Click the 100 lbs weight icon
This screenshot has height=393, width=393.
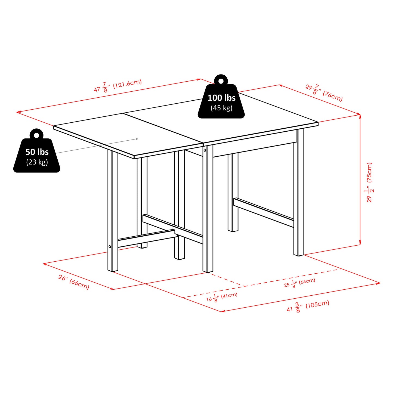(x=221, y=101)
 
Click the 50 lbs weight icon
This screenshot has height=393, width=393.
(x=37, y=155)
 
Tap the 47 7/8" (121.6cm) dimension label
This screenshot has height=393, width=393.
(x=118, y=86)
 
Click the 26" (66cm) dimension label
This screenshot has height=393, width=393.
(x=74, y=282)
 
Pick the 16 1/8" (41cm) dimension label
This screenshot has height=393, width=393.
(x=222, y=297)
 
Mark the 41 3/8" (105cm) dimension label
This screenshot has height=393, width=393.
(x=308, y=306)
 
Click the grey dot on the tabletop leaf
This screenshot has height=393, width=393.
(x=137, y=139)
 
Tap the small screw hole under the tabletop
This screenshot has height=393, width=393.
(x=205, y=150)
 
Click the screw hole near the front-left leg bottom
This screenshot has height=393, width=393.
(x=110, y=247)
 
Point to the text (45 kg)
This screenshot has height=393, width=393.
(x=221, y=108)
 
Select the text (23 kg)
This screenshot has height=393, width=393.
(x=37, y=162)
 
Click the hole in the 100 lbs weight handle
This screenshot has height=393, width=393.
(x=221, y=81)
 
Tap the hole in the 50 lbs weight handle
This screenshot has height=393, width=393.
(x=36, y=135)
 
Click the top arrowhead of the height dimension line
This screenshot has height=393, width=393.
(x=360, y=116)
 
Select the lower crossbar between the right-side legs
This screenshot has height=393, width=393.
(x=263, y=212)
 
